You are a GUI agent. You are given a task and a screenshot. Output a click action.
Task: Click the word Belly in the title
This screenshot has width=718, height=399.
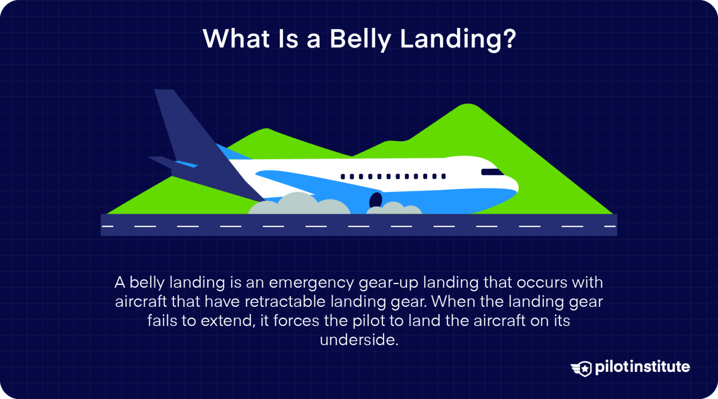coord(360,39)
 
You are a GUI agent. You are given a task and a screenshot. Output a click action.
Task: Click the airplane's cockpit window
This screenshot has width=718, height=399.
coord(492,172)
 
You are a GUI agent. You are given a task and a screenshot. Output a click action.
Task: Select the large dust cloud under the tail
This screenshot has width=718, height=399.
coord(299,205)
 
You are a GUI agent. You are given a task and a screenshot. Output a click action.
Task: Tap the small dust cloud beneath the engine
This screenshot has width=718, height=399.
coord(394,209)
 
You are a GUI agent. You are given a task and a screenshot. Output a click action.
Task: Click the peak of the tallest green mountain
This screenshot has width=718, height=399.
coord(467,106)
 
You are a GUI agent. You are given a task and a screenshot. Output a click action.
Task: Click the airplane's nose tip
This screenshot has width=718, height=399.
coord(517,187)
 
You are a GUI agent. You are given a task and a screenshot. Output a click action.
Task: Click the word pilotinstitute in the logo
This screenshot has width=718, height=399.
coord(642,367)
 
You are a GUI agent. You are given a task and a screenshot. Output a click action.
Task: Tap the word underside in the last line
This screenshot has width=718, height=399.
coord(359,340)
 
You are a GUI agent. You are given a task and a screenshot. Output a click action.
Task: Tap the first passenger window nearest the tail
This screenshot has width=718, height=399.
coord(343,177)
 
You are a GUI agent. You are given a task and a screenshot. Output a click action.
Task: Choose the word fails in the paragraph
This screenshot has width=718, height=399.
coord(162,321)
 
